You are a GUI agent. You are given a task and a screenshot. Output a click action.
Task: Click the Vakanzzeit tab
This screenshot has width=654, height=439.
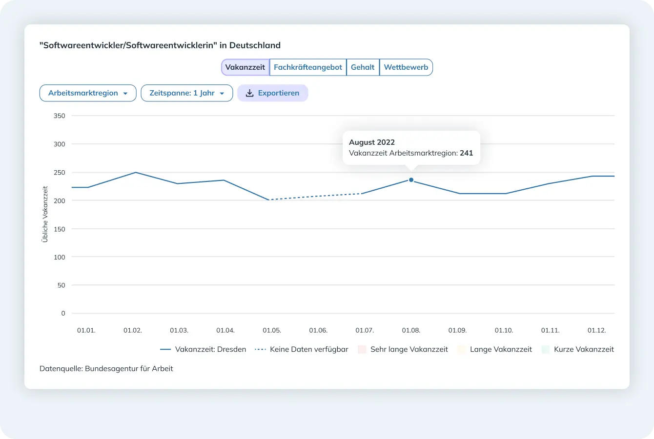[245, 67]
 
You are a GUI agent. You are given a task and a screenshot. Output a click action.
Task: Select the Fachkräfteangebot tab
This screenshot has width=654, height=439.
[308, 67]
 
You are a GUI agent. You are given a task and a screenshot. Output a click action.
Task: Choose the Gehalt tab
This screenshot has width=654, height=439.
[363, 67]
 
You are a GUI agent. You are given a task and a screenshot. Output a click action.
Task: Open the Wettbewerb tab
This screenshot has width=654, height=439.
[406, 67]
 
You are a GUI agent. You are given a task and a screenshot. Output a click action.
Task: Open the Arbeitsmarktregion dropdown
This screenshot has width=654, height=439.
[88, 93]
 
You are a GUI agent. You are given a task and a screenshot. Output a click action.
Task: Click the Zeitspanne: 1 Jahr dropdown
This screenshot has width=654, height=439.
[187, 93]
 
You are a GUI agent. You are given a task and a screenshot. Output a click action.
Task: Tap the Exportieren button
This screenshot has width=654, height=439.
[272, 93]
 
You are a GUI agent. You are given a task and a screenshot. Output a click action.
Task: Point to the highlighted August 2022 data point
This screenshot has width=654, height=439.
[411, 180]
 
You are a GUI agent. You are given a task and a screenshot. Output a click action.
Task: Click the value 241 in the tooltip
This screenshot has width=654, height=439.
[467, 153]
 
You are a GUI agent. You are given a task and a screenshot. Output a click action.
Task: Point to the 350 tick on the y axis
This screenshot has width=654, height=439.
[60, 116]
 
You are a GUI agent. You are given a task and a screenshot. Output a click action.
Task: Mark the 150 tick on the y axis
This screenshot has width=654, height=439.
[60, 229]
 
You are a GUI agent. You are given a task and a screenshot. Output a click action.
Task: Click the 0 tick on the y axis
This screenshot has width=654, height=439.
[63, 314]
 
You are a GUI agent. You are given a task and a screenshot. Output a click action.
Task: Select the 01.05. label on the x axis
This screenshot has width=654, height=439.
[272, 331]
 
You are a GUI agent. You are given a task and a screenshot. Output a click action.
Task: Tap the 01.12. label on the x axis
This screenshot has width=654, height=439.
[596, 331]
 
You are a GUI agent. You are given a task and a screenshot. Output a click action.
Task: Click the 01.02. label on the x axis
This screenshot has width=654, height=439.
[133, 331]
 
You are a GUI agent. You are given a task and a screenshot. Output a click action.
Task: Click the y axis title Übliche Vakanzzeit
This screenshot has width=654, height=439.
[45, 214]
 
